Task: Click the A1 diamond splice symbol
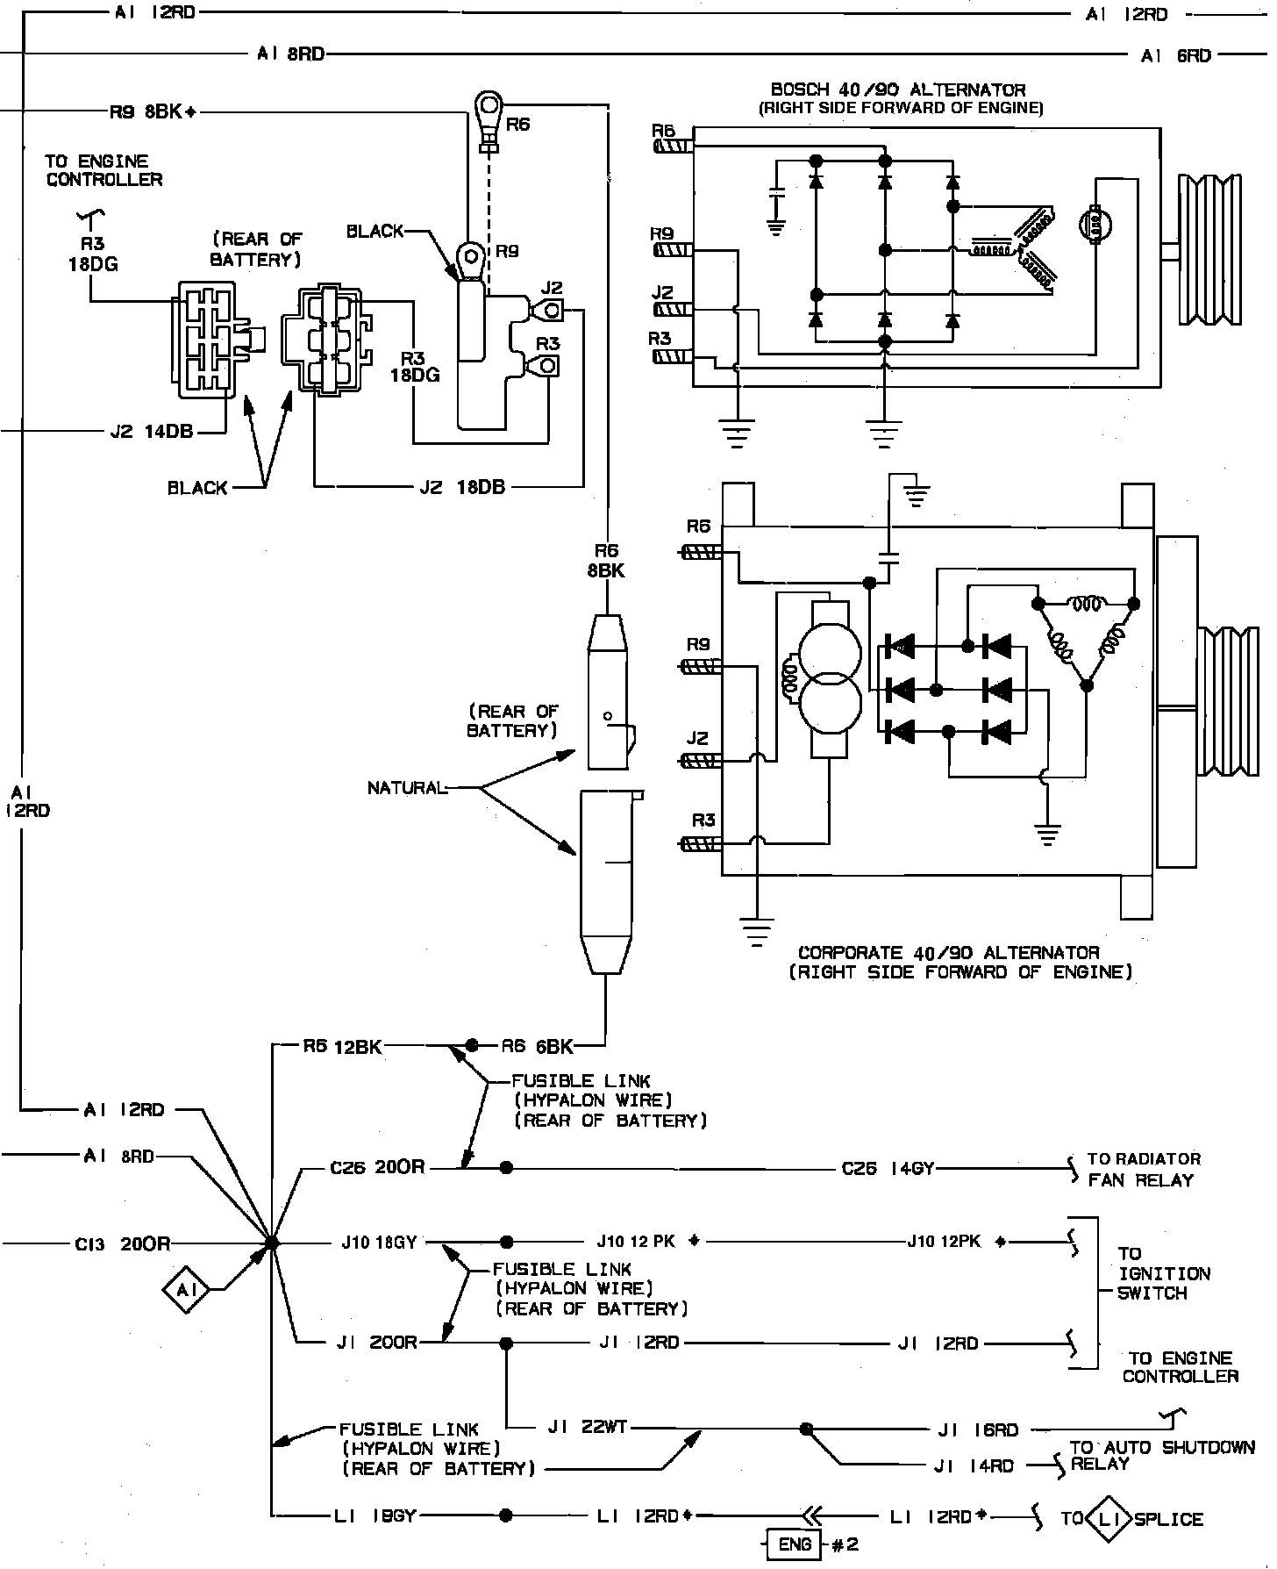pos(185,1290)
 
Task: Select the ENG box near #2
pos(794,1544)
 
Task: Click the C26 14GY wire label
pos(888,1169)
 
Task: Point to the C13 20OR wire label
pos(122,1243)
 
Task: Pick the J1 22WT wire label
pos(588,1428)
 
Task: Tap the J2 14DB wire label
pos(152,432)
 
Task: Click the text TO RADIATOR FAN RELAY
pos(1143,1170)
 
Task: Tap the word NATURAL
pos(407,788)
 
